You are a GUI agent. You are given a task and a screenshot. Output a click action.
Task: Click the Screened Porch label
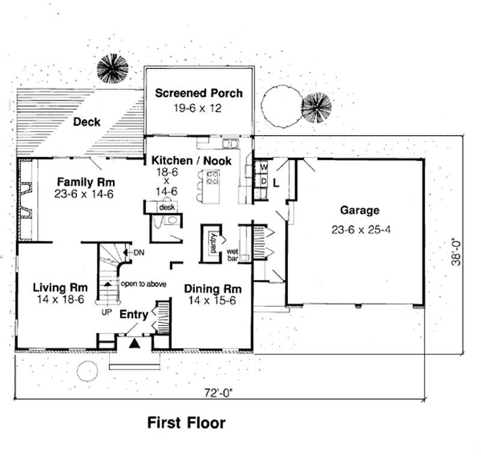point(199,93)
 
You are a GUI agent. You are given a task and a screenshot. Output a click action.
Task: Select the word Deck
point(87,123)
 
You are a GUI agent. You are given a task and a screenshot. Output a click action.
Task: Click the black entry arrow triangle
point(135,343)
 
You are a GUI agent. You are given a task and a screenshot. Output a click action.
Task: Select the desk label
point(166,207)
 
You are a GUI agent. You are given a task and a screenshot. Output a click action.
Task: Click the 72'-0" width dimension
point(218,393)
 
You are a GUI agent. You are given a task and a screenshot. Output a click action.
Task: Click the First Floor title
point(186,423)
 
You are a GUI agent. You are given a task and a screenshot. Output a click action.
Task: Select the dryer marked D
point(263,180)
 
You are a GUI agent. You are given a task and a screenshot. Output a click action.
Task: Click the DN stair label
point(136,251)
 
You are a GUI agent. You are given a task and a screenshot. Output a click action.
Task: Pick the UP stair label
point(106,312)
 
